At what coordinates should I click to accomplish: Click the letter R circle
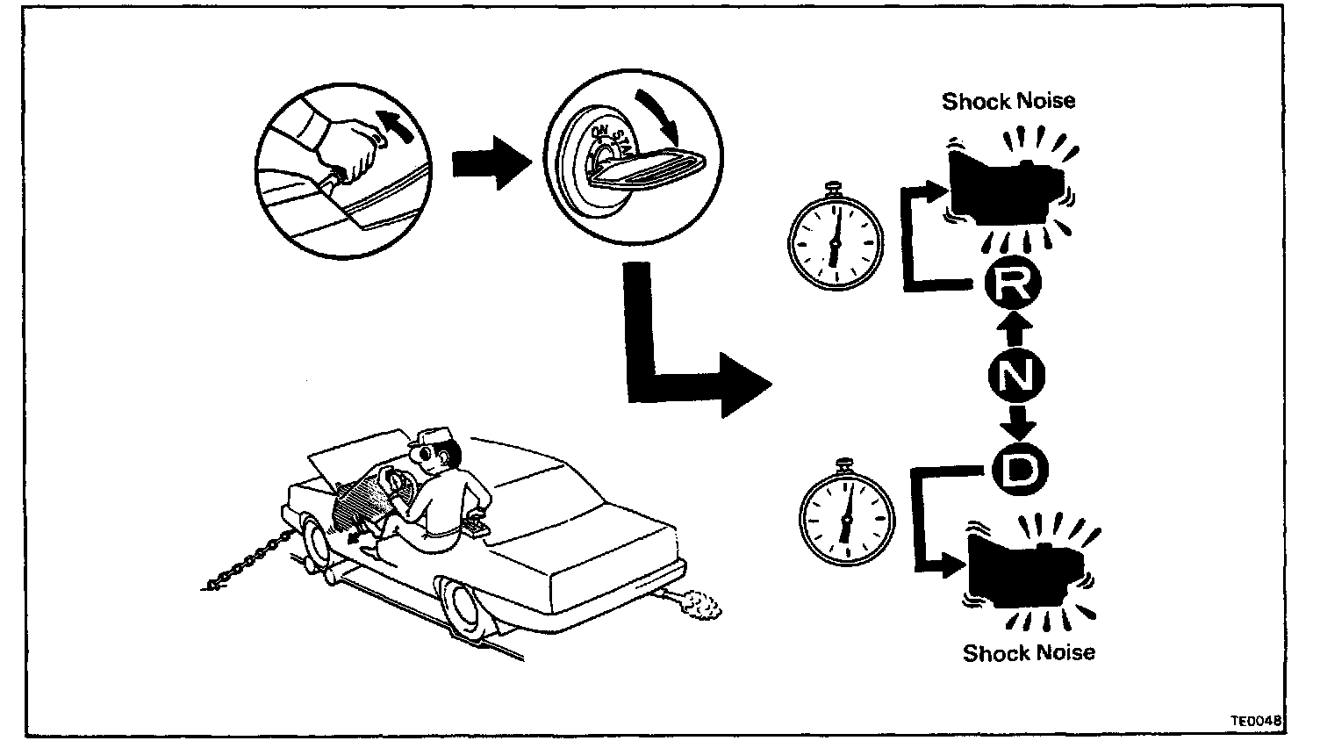1008,284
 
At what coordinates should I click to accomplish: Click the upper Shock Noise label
1008,101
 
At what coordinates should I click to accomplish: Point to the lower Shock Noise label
1029,652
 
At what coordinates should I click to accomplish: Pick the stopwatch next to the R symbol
835,236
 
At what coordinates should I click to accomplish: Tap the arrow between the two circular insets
491,162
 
